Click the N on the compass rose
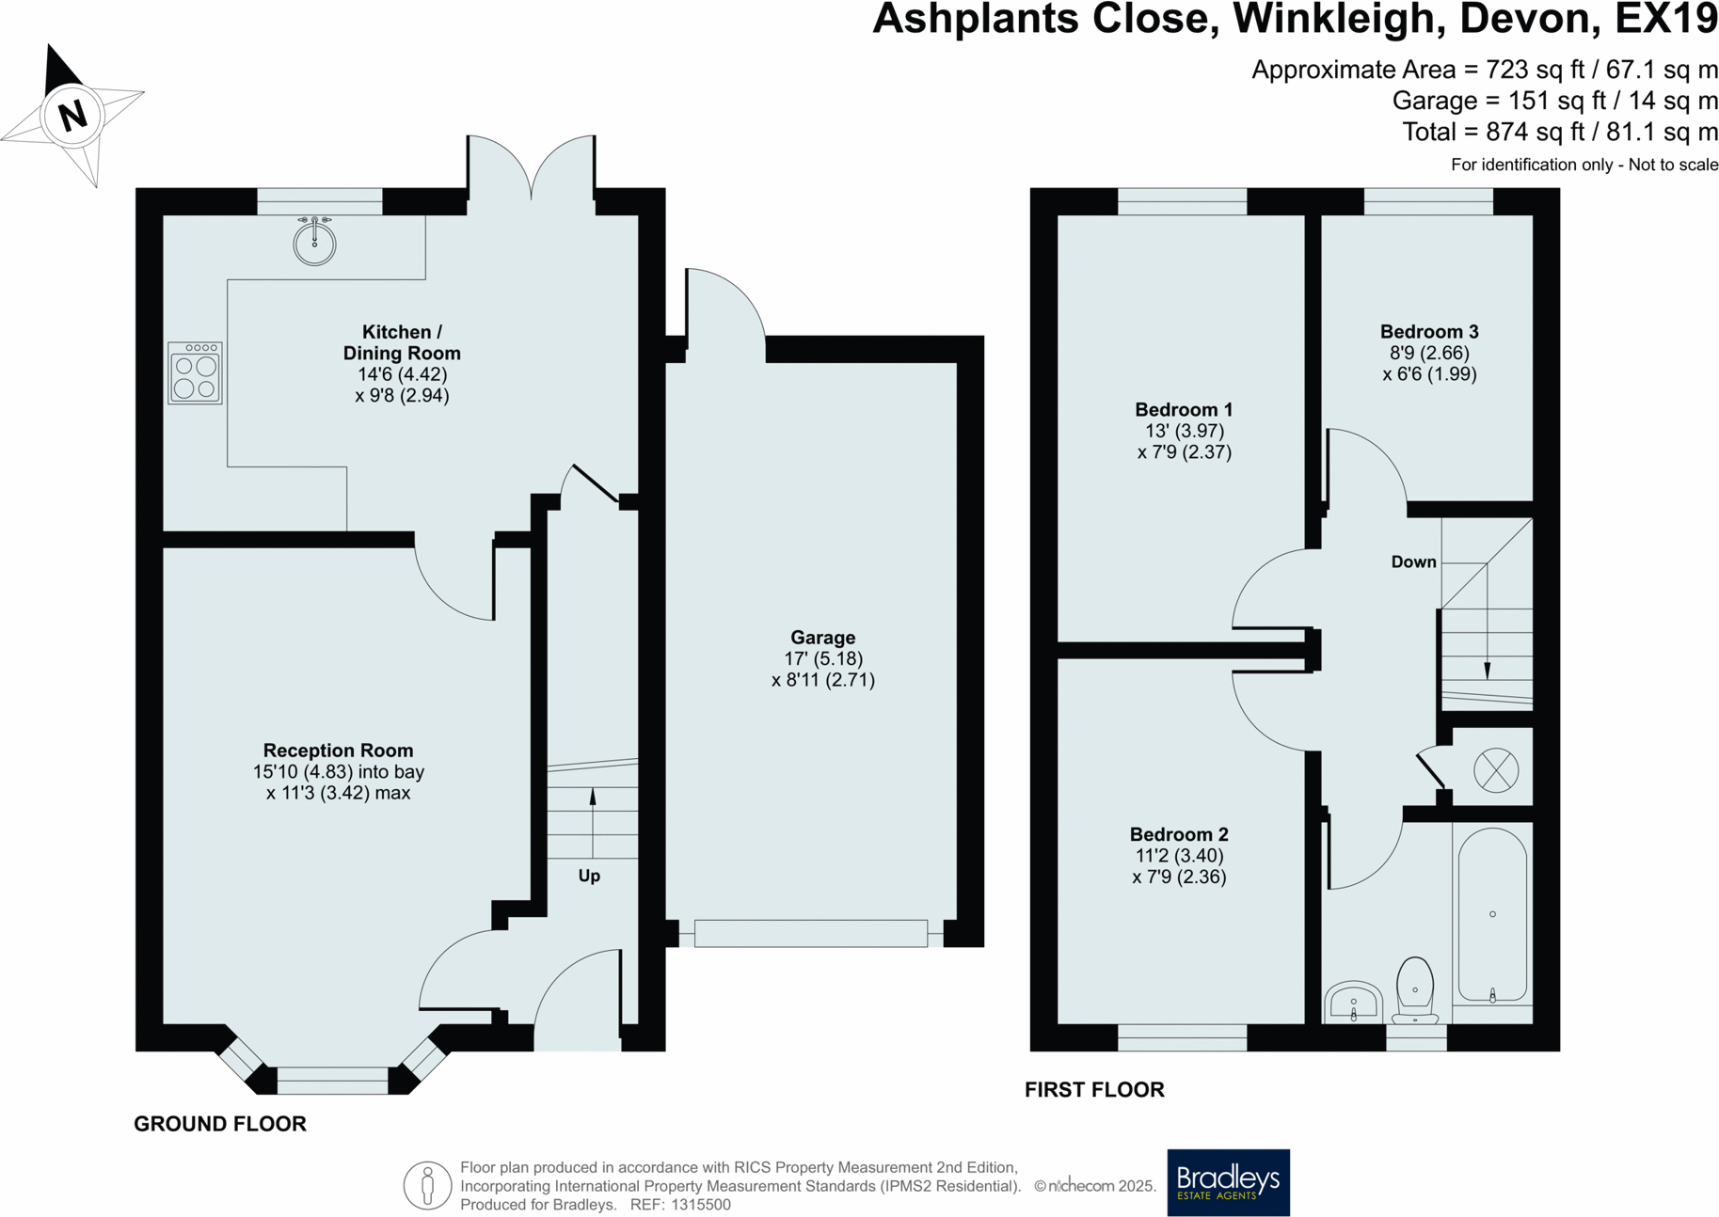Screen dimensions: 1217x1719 pos(72,116)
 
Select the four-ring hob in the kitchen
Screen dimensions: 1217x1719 pos(196,373)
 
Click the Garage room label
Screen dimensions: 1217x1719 pos(822,638)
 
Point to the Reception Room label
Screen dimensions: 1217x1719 pos(338,751)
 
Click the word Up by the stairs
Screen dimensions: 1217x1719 pos(589,876)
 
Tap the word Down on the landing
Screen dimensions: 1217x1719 pos(1413,562)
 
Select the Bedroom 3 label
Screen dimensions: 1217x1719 pos(1428,332)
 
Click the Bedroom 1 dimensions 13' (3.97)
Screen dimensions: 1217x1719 pos(1184,431)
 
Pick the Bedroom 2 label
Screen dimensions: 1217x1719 pos(1178,834)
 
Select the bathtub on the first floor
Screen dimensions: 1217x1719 pos(1492,914)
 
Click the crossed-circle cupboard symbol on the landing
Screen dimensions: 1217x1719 pos(1495,770)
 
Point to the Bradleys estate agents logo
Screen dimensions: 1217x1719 pos(1228,1182)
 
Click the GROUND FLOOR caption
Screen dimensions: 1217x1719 pos(220,1124)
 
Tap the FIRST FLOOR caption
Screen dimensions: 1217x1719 pos(1094,1090)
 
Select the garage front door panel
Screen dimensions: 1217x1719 pos(810,933)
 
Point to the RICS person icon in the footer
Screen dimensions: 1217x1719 pos(427,1185)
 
